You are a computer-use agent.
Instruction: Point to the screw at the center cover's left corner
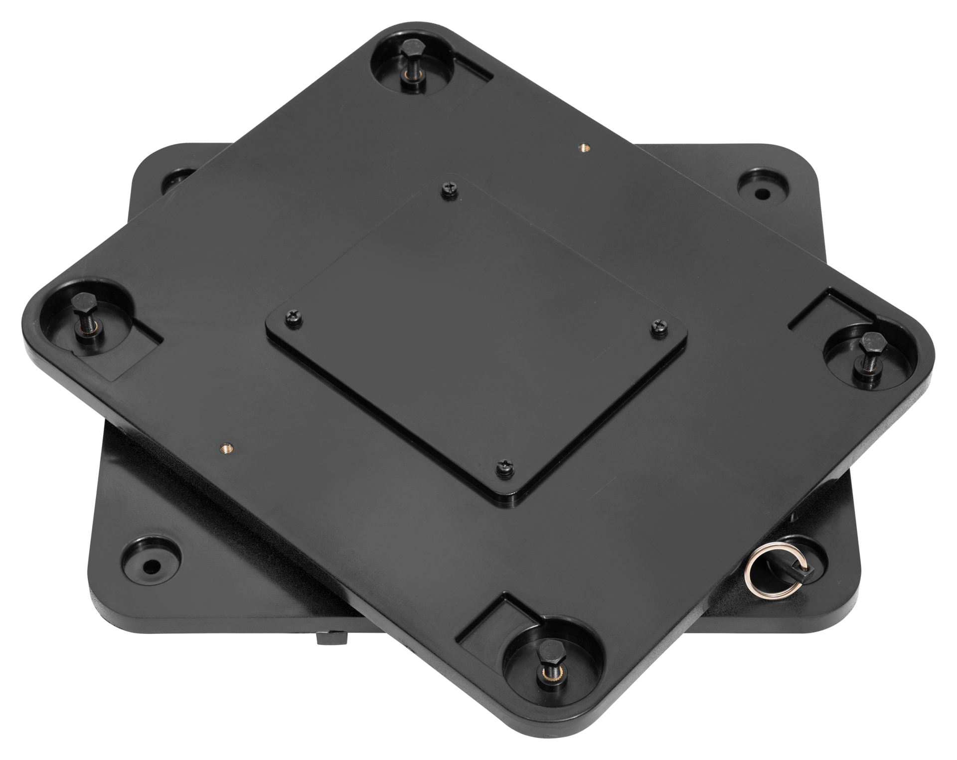[293, 319]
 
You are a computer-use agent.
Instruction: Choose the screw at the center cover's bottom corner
[505, 468]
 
